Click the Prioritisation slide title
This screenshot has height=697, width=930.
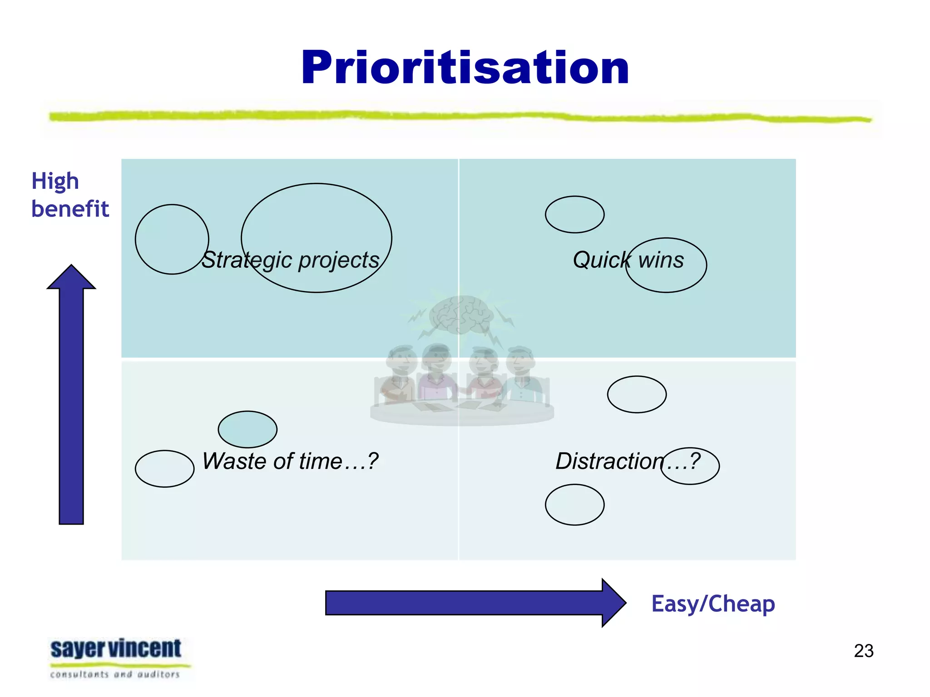465,68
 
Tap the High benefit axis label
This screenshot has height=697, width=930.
70,195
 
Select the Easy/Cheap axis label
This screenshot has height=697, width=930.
713,604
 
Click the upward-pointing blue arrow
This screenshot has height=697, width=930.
71,395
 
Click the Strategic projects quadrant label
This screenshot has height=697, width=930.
291,260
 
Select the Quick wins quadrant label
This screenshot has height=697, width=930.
628,260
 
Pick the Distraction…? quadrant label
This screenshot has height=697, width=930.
628,461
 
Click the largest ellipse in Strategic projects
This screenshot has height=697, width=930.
317,213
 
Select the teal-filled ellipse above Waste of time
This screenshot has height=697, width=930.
247,429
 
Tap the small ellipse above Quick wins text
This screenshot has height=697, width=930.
574,215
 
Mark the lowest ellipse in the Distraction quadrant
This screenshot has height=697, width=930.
574,505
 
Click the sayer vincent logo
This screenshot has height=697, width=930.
116,658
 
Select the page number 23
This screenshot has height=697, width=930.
863,651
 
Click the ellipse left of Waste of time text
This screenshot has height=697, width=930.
164,469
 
